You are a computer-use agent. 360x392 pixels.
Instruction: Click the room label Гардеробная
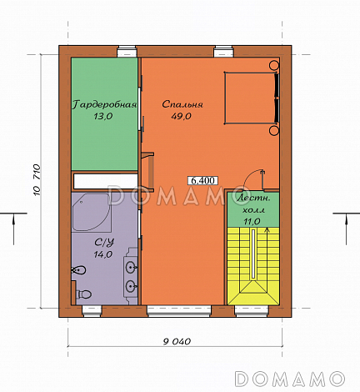click(x=104, y=104)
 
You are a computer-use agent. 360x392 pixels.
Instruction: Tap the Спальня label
click(x=182, y=104)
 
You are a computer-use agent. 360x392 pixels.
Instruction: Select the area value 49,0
click(x=181, y=116)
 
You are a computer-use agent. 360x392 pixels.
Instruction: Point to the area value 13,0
click(x=103, y=116)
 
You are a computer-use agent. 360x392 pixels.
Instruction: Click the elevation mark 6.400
click(x=203, y=181)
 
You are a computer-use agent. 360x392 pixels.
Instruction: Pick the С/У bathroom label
click(x=104, y=243)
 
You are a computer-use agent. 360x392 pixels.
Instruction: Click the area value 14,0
click(x=103, y=254)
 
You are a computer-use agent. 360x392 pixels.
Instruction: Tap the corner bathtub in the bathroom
click(x=91, y=212)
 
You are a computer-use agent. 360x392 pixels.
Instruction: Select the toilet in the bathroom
click(x=84, y=294)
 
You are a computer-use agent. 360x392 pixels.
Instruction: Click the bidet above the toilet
click(x=79, y=270)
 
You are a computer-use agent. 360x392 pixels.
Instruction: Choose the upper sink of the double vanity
click(x=131, y=268)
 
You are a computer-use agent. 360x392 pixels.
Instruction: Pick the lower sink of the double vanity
click(x=131, y=285)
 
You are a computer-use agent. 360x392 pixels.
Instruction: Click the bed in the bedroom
click(x=251, y=98)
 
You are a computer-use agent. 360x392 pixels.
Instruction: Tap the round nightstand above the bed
click(x=274, y=65)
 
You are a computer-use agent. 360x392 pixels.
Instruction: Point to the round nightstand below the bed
click(x=274, y=130)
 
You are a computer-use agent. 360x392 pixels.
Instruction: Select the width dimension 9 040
click(x=177, y=341)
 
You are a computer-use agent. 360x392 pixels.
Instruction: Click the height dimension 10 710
click(x=37, y=180)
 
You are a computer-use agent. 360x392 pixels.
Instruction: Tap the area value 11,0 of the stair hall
click(x=252, y=222)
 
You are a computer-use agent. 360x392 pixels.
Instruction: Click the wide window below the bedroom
click(x=179, y=311)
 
